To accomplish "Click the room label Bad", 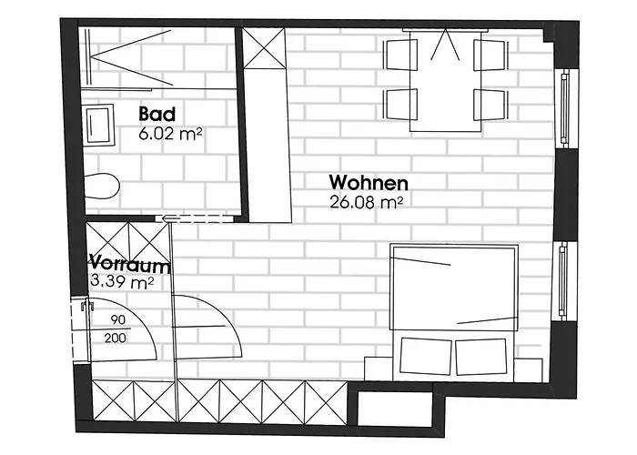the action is (x=157, y=114).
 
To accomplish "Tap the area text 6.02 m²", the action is (x=170, y=134).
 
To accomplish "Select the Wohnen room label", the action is (x=369, y=183).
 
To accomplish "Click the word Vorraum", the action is (x=129, y=264).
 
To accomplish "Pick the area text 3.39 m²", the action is (x=121, y=280).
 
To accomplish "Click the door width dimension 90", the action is (x=117, y=320).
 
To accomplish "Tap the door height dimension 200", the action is (x=115, y=338).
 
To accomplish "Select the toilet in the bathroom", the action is (x=102, y=186).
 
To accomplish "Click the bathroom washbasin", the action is (x=99, y=124).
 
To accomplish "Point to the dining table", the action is (x=445, y=80).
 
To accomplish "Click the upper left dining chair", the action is (x=400, y=55).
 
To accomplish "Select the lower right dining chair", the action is (x=490, y=104).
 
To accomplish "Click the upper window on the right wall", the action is (x=564, y=107).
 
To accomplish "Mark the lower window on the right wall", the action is (x=563, y=280).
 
